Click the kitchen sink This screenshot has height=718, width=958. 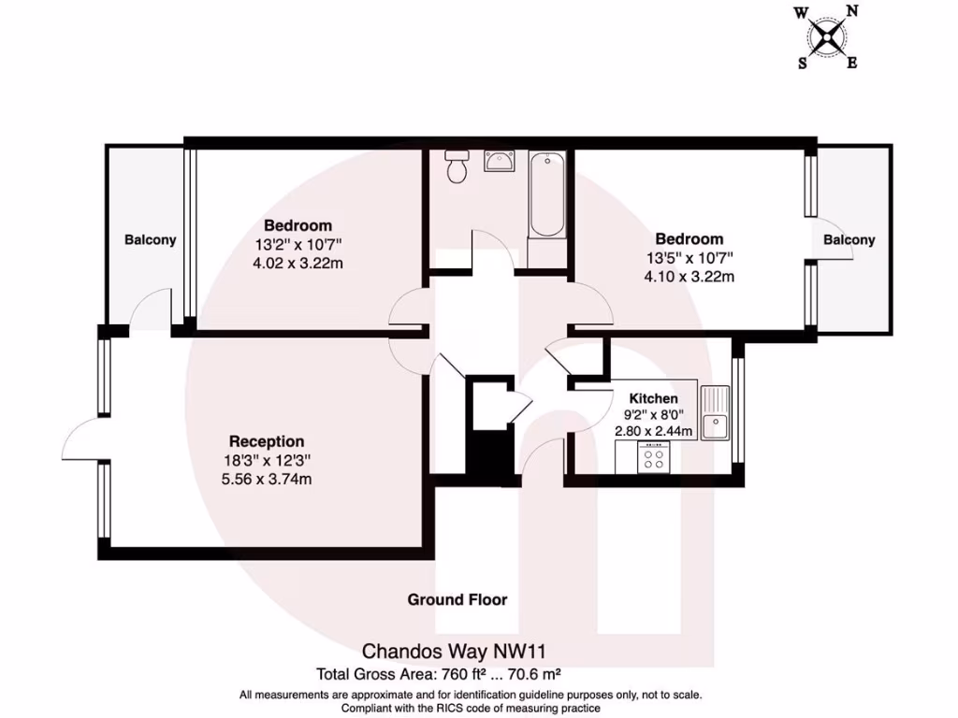[x=718, y=412]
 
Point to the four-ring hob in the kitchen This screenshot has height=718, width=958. [x=653, y=458]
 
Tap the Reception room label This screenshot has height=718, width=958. [x=267, y=441]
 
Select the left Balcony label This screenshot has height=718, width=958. [x=151, y=240]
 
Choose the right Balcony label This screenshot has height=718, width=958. [x=849, y=240]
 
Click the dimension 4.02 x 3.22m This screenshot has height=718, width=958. [x=298, y=263]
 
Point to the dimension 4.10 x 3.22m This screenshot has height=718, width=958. [x=689, y=276]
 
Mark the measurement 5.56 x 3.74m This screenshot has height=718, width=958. [x=267, y=479]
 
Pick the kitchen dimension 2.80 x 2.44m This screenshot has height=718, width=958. [x=653, y=431]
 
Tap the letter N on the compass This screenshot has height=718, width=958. [x=851, y=11]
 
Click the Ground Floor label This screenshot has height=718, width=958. [x=457, y=599]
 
